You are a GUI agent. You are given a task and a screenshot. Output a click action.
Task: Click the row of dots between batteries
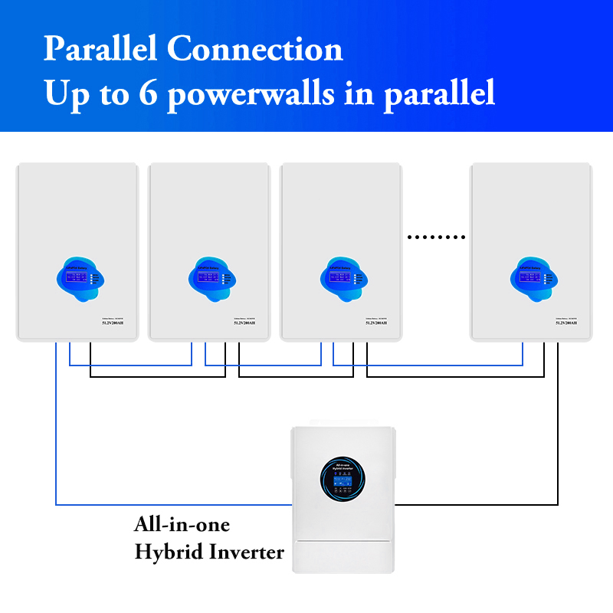(x=436, y=238)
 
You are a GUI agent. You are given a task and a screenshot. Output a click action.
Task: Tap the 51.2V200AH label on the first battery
(x=113, y=323)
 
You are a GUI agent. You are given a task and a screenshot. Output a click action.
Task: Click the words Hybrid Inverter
(x=209, y=552)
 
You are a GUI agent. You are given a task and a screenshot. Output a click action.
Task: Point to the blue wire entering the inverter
(x=172, y=504)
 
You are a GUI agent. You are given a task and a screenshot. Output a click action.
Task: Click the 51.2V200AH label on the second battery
(x=245, y=323)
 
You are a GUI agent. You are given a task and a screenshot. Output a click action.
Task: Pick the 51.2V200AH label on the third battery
(x=376, y=323)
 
